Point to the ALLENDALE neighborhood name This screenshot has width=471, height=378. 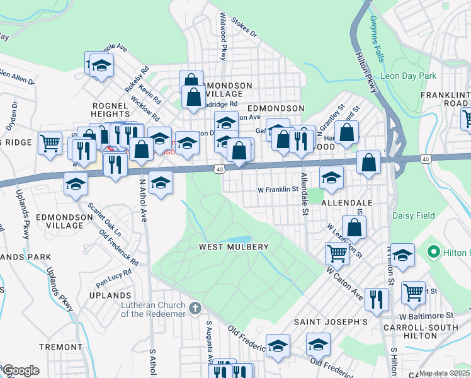[x=347, y=203]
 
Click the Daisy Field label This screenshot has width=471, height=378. [x=414, y=215]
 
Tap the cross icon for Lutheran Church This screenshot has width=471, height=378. [x=196, y=308]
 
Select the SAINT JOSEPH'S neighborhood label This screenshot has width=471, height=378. [x=331, y=322]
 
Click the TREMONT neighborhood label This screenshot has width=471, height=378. [x=60, y=347]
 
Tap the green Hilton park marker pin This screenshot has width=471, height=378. [x=433, y=253]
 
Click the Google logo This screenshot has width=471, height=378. [x=20, y=370]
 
